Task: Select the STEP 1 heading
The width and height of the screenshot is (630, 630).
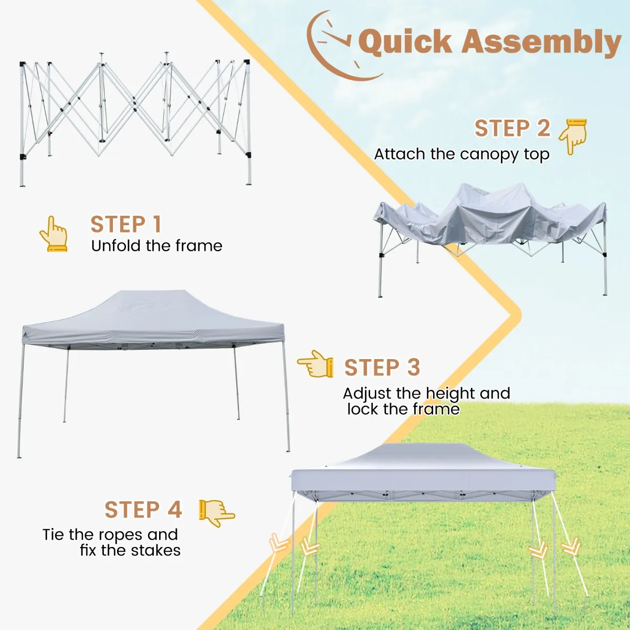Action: point(126,224)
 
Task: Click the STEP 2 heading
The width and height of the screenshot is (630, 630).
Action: point(512,128)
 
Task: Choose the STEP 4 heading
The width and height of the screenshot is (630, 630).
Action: point(143,509)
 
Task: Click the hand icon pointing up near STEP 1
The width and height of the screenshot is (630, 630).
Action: point(54,234)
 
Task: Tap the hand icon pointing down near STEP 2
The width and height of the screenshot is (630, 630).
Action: point(572,136)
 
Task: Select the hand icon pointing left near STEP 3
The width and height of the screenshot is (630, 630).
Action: point(315,363)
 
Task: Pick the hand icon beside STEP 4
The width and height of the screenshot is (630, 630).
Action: point(217,513)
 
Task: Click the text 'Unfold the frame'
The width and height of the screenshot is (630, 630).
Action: point(156,246)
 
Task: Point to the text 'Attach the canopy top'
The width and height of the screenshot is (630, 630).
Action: point(461,154)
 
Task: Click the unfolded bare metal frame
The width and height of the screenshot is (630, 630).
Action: point(135,119)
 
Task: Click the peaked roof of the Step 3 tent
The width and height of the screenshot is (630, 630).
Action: point(154,316)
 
